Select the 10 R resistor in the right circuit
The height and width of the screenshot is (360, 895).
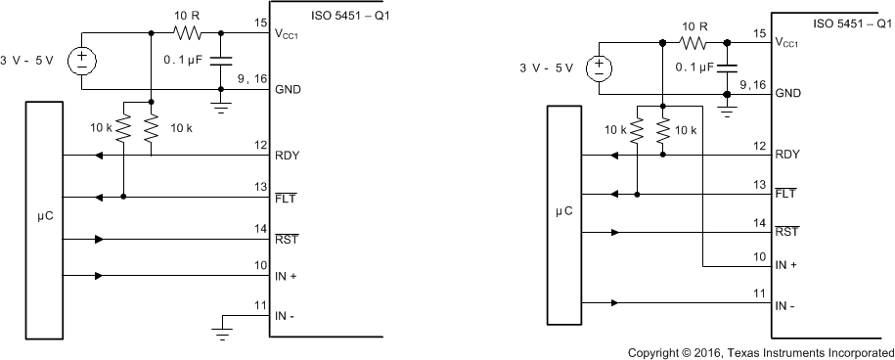pos(695,43)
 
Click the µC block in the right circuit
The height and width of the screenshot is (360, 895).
pos(563,212)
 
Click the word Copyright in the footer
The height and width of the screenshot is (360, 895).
pos(659,350)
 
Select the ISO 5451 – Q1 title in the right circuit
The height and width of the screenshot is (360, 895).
pos(846,21)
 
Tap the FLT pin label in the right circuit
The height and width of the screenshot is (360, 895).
pos(786,194)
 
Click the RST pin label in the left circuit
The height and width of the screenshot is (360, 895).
pos(288,239)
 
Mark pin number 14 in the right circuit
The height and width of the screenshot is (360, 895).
pos(759,223)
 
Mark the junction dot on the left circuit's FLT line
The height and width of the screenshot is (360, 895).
pos(124,197)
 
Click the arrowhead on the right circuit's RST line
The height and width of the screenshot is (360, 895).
pos(613,233)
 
